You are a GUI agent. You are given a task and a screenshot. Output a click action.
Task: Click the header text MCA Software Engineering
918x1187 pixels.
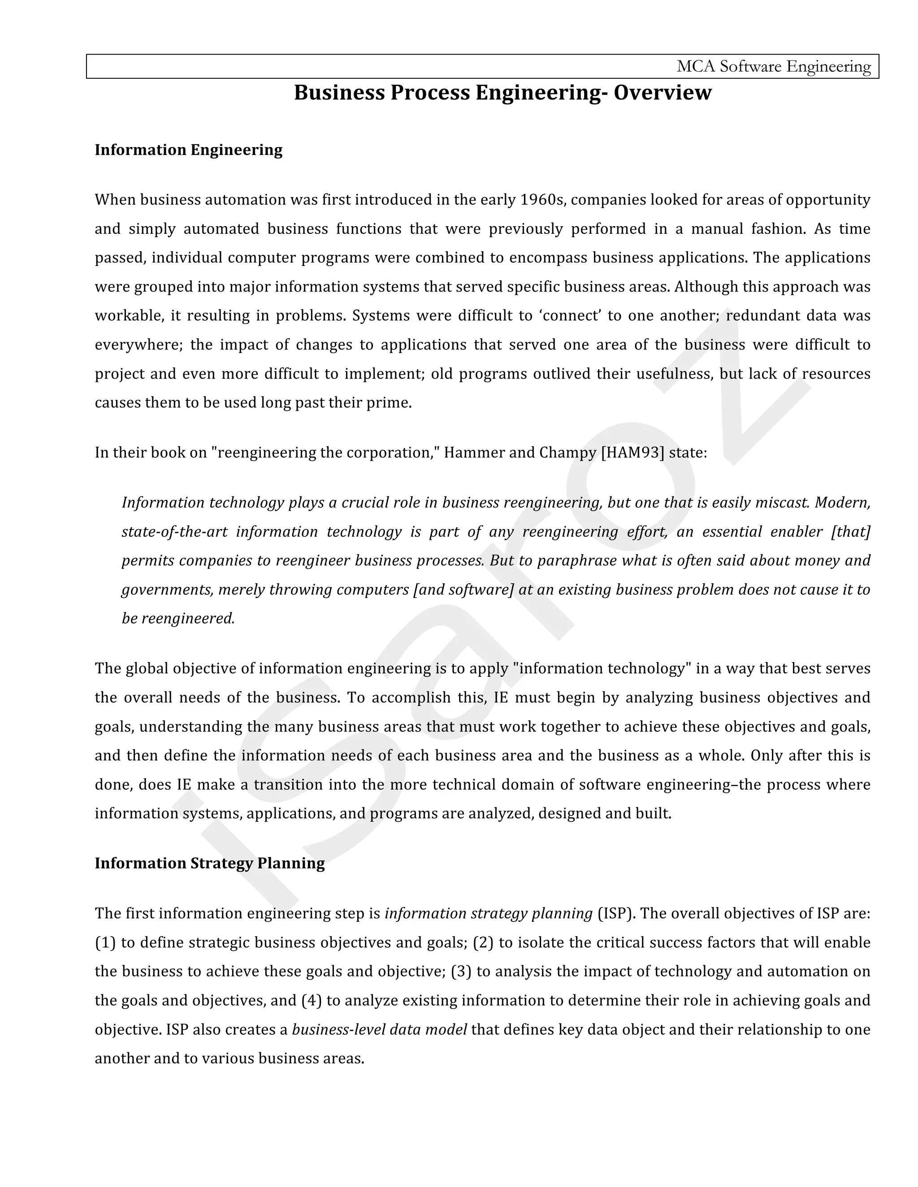(773, 66)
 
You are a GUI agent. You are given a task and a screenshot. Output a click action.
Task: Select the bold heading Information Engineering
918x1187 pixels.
(188, 150)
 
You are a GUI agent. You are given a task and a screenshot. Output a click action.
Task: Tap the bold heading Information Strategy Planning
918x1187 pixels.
(209, 864)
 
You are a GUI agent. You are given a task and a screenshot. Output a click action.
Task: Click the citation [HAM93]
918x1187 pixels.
(632, 453)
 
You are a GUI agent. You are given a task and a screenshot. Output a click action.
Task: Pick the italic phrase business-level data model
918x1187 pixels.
(379, 1030)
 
